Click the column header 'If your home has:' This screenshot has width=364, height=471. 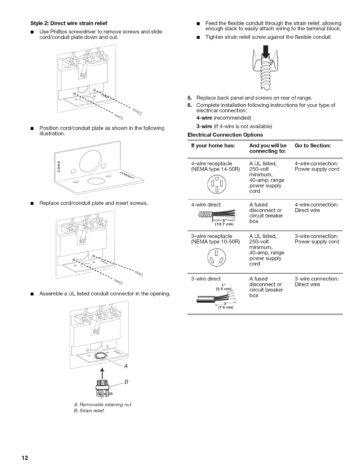click(213, 145)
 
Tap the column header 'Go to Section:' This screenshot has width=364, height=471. click(313, 145)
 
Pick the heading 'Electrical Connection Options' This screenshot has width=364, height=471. click(225, 135)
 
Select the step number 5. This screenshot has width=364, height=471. click(190, 98)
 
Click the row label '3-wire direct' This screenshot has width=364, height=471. click(206, 279)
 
